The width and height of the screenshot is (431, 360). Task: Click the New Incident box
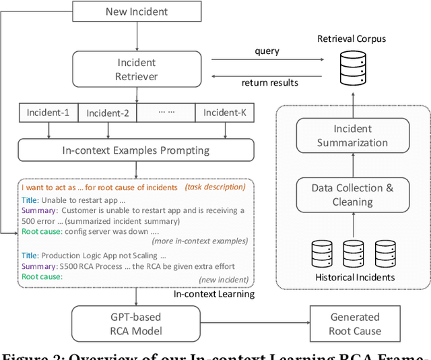click(x=136, y=11)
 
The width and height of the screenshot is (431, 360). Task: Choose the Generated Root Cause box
click(x=356, y=324)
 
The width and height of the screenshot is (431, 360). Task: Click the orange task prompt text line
click(x=100, y=187)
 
